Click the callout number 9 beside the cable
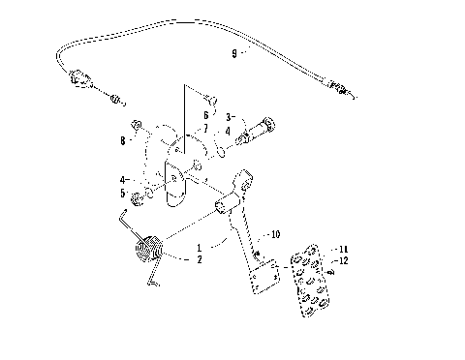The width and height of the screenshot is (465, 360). point(233,54)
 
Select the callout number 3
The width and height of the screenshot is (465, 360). point(229,116)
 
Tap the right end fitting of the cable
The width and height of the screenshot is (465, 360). point(341,90)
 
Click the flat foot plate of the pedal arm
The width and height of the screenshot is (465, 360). point(262,281)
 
